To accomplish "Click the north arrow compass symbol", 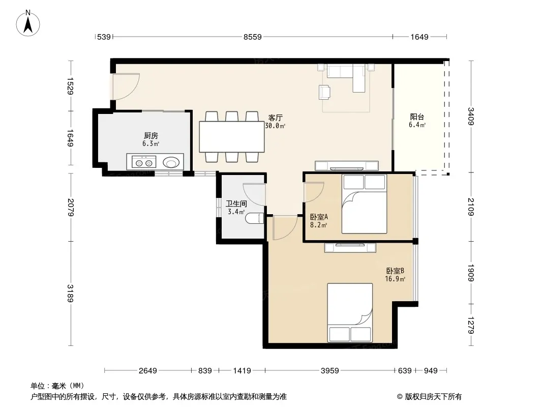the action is click(28, 23).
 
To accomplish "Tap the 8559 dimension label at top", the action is click(252, 37).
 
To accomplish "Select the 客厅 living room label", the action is click(275, 118).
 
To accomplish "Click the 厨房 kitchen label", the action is click(151, 136).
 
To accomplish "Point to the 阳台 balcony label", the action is click(417, 117).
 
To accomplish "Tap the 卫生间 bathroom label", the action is click(236, 203).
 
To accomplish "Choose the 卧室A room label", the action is click(319, 217).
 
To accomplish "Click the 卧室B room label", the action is click(395, 271).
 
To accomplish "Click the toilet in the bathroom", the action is click(254, 219).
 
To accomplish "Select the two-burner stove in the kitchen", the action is click(144, 162).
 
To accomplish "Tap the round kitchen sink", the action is click(171, 162).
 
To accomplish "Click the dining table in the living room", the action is click(231, 136).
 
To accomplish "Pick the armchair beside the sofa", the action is click(324, 92).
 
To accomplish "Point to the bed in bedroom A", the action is click(364, 204).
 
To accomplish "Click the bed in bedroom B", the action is click(350, 312).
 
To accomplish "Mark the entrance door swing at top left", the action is click(126, 87).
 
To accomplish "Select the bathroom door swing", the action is click(254, 194).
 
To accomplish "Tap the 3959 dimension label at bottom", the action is click(330, 371).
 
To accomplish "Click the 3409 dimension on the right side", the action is click(471, 116).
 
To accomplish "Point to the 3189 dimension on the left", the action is click(70, 293).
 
